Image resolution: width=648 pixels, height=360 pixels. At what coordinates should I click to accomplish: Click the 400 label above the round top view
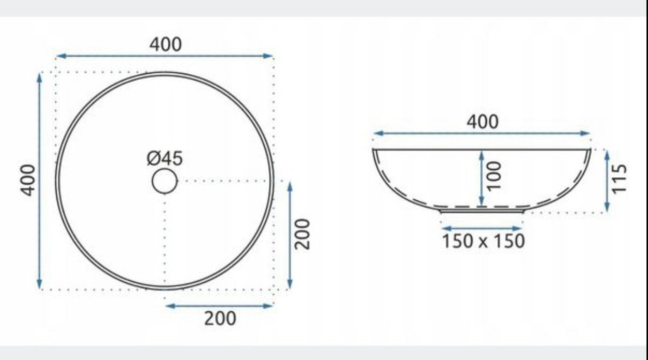pyautogui.click(x=165, y=45)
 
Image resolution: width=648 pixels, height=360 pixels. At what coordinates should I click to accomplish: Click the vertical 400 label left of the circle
pyautogui.click(x=28, y=180)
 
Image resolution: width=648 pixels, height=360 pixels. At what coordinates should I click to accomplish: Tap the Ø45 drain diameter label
pyautogui.click(x=165, y=159)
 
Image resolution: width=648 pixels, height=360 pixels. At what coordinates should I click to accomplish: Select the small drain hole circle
pyautogui.click(x=165, y=181)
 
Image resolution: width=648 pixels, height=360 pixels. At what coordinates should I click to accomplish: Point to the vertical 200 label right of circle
pyautogui.click(x=302, y=234)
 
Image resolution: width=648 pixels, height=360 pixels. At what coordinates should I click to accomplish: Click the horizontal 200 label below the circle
pyautogui.click(x=220, y=319)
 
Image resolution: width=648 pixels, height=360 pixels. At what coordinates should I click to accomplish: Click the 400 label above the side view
pyautogui.click(x=483, y=122)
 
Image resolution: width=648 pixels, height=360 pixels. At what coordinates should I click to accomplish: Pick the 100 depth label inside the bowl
pyautogui.click(x=494, y=176)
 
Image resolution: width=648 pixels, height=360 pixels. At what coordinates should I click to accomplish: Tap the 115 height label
pyautogui.click(x=619, y=178)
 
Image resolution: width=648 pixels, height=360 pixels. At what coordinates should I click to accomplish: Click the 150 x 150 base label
pyautogui.click(x=483, y=241)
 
